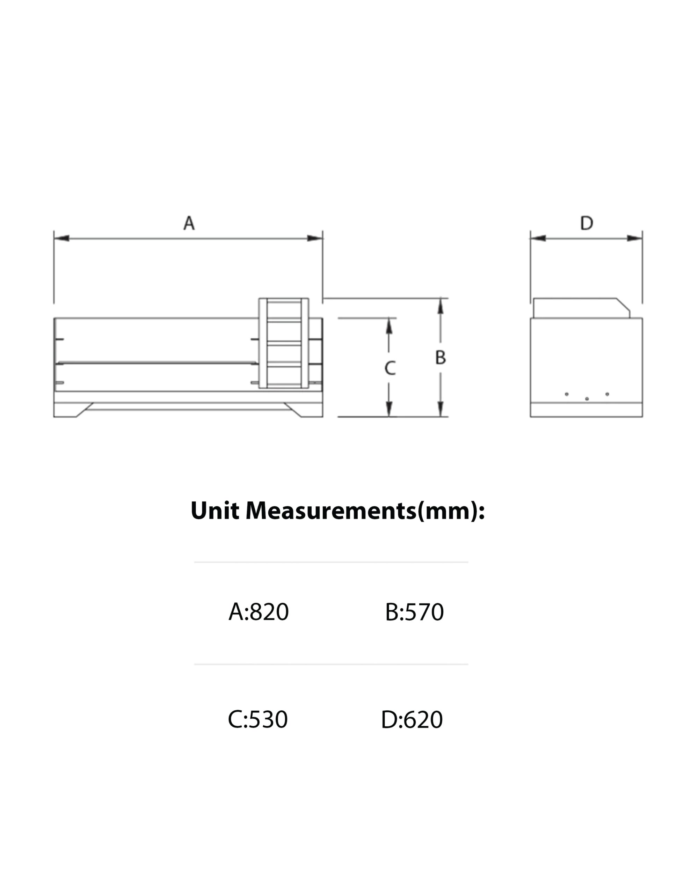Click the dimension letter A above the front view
189,223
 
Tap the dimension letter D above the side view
587,223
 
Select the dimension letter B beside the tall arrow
440,357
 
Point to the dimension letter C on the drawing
390,368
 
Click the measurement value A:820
259,612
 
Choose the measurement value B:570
415,612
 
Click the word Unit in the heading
214,511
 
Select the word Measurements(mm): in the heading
365,511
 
